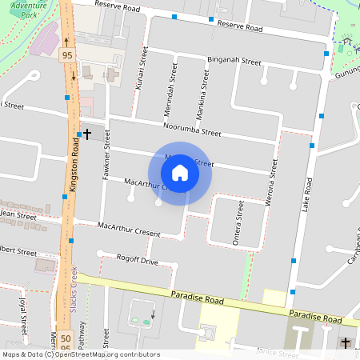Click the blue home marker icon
180,173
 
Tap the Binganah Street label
234,61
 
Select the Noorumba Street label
192,130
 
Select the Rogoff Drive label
138,260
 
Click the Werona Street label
273,178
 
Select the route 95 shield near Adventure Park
68,55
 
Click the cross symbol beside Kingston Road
86,134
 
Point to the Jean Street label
19,216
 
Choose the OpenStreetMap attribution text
81,354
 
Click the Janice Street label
277,352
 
